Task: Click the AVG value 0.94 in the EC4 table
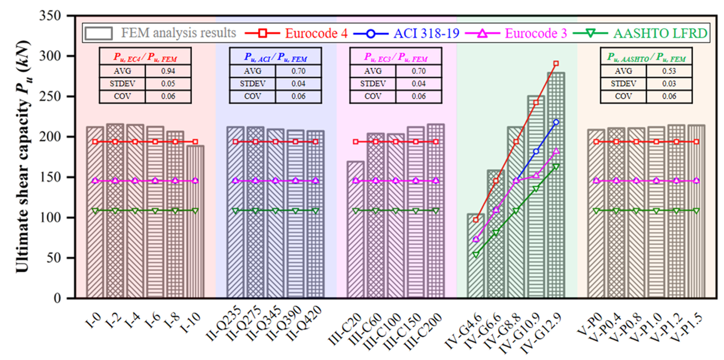coord(168,71)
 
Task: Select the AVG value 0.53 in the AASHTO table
coord(669,71)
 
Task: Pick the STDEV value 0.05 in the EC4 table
coord(168,84)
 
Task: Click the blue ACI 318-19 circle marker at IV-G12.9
coord(555,122)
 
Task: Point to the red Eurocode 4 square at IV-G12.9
coord(555,64)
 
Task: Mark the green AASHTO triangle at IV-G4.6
coord(476,255)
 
